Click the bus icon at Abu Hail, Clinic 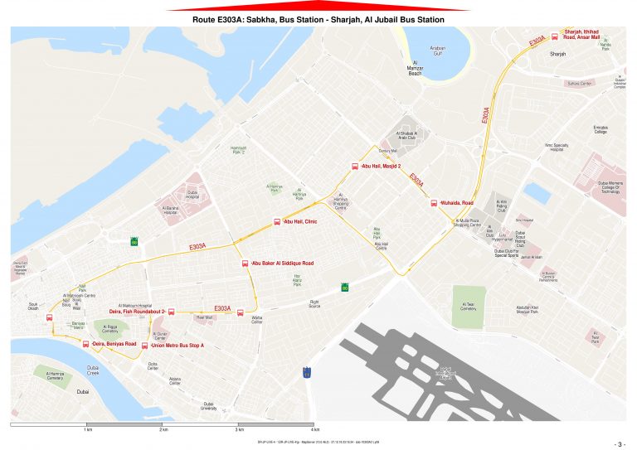click(x=278, y=222)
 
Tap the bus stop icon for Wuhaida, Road click(x=433, y=203)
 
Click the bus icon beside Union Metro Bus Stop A click(x=145, y=346)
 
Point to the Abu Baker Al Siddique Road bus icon click(x=245, y=264)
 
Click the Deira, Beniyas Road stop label click(x=114, y=343)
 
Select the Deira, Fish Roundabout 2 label click(x=137, y=312)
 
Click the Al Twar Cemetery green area click(x=469, y=307)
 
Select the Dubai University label click(x=208, y=407)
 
